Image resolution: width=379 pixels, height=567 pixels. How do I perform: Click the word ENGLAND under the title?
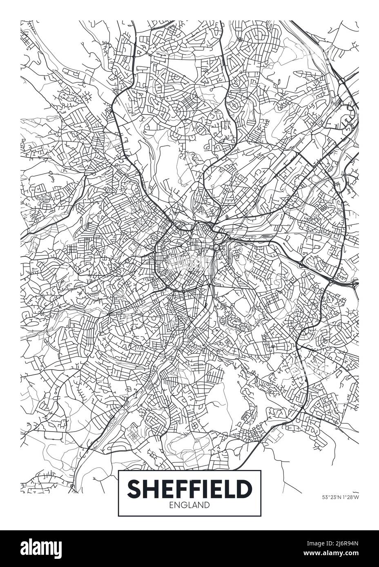click(x=189, y=505)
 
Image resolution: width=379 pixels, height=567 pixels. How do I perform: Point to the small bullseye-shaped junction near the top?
click(x=240, y=40)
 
